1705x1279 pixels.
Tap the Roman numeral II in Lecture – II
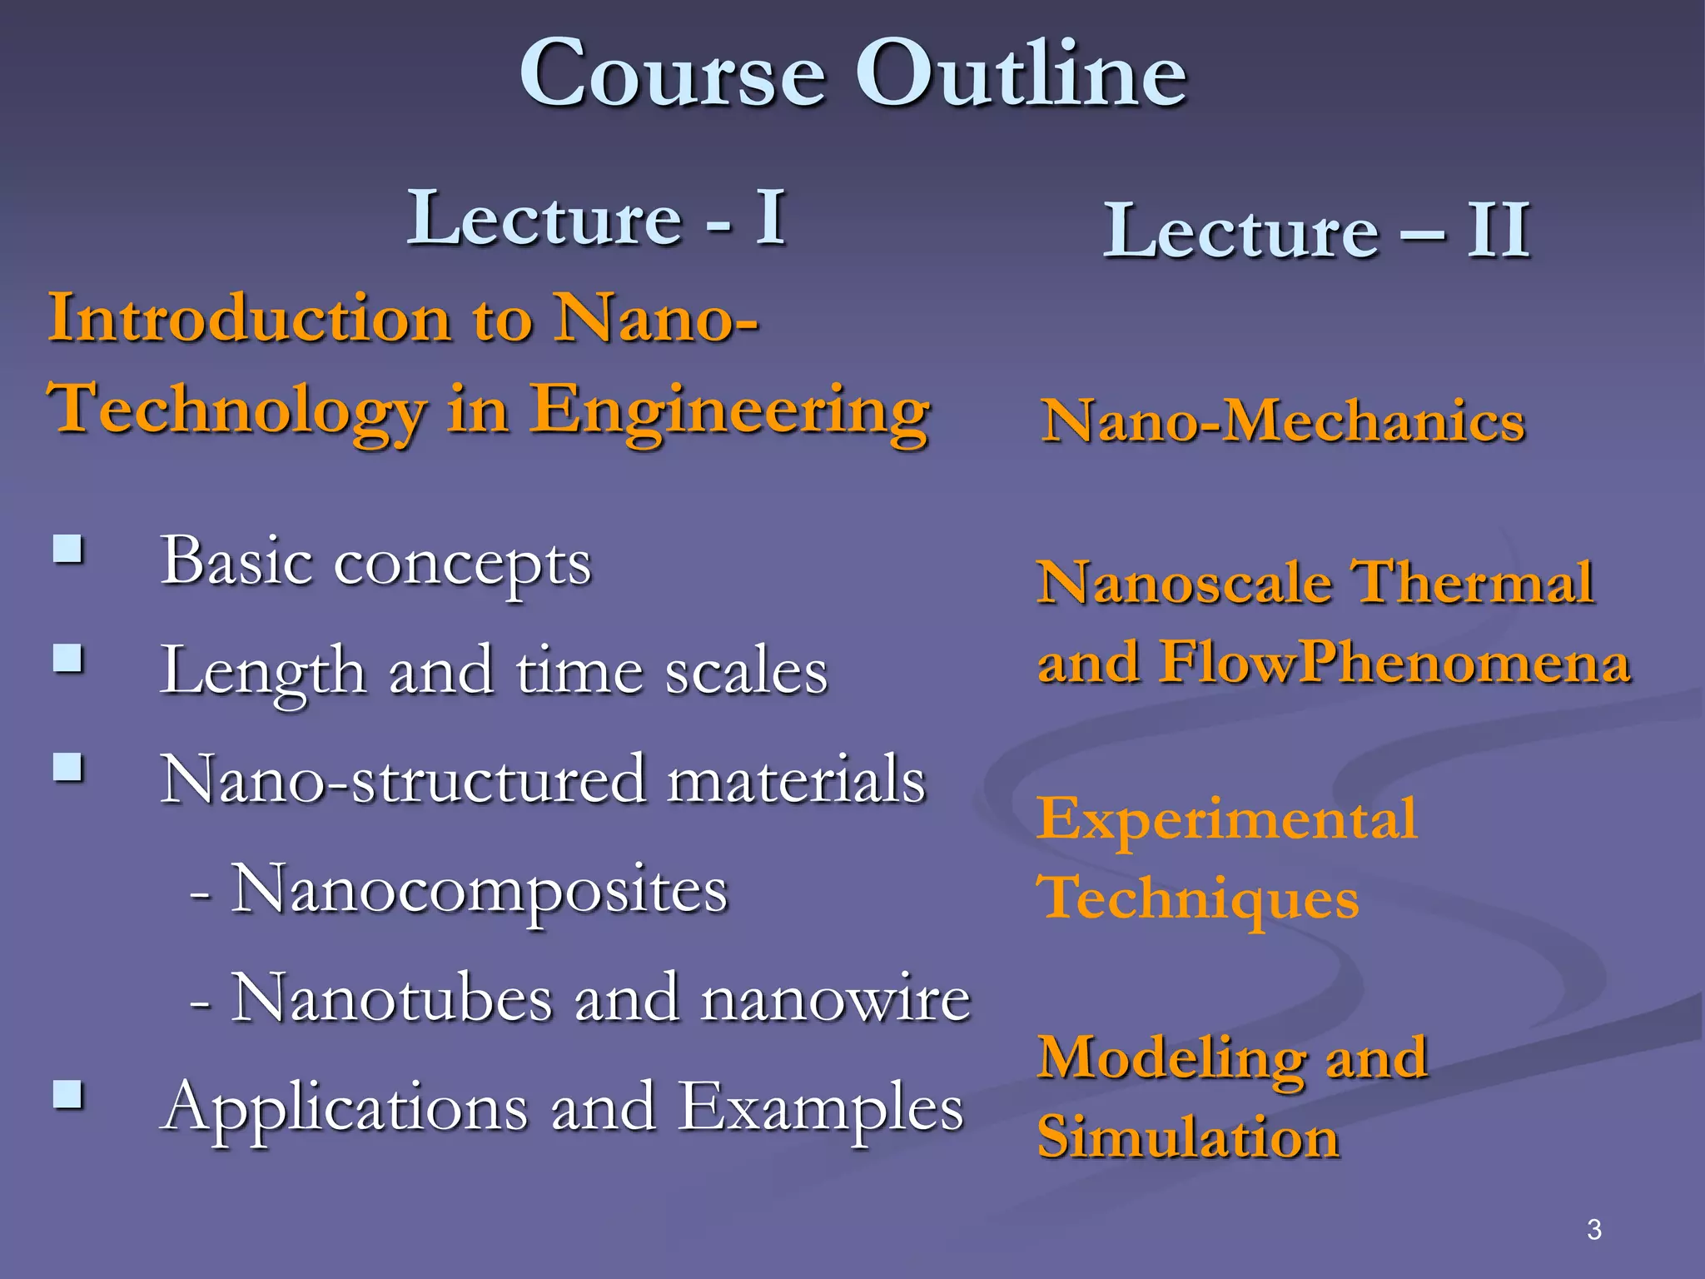(x=1498, y=231)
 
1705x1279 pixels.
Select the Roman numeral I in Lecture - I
(x=771, y=217)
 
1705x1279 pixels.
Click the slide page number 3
(x=1593, y=1229)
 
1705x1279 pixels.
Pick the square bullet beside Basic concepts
(x=67, y=550)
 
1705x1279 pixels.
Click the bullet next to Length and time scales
(x=67, y=659)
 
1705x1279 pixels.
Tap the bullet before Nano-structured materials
(x=67, y=767)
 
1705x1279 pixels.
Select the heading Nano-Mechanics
(x=1283, y=421)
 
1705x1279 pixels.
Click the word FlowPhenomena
(x=1394, y=662)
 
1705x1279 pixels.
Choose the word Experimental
(x=1226, y=819)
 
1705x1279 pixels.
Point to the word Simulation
(x=1188, y=1137)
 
